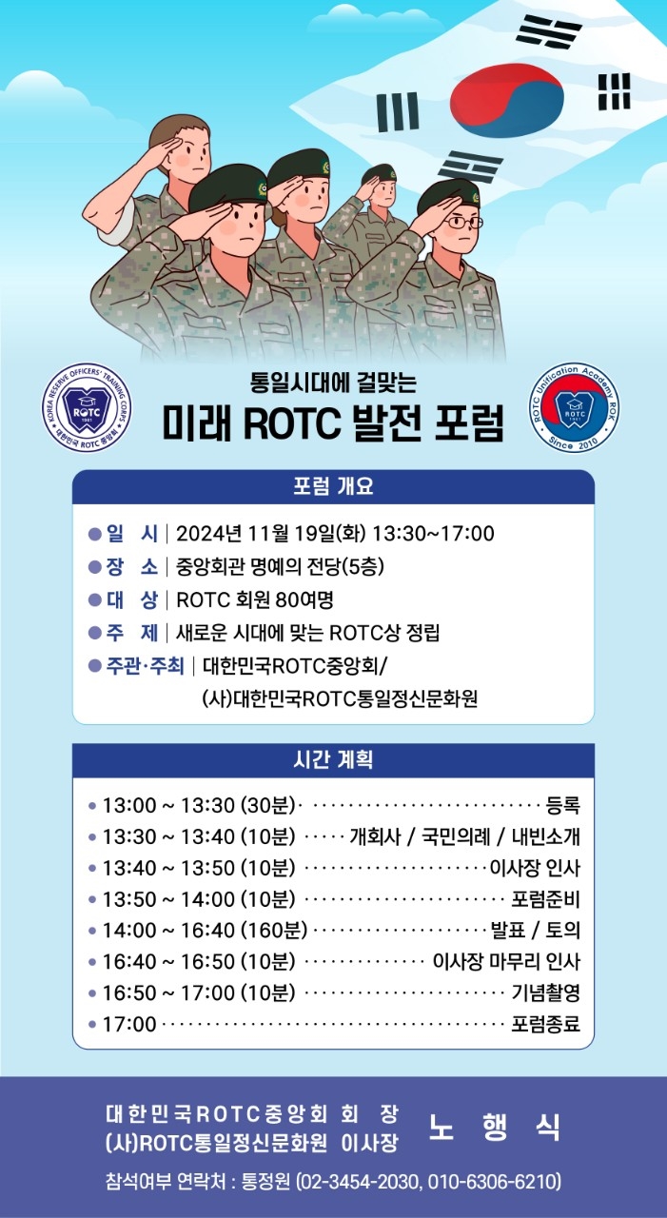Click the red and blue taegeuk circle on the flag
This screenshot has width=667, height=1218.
(506, 100)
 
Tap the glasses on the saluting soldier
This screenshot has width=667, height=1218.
(463, 222)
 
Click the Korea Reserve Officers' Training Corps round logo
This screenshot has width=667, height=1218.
(87, 408)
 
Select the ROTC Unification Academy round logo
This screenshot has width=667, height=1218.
(575, 408)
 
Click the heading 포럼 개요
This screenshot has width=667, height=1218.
(333, 486)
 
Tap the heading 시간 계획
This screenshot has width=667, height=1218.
(333, 759)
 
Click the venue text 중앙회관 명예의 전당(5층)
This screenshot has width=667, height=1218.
(280, 566)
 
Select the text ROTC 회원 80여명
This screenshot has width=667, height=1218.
(255, 599)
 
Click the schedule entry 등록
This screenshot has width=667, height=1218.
(563, 805)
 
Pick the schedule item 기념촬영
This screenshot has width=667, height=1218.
(546, 992)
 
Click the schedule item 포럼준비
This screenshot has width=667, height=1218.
(546, 899)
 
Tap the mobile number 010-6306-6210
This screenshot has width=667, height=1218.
(493, 1182)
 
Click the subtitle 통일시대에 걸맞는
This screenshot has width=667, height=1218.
(333, 382)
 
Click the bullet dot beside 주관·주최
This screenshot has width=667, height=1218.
(95, 665)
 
